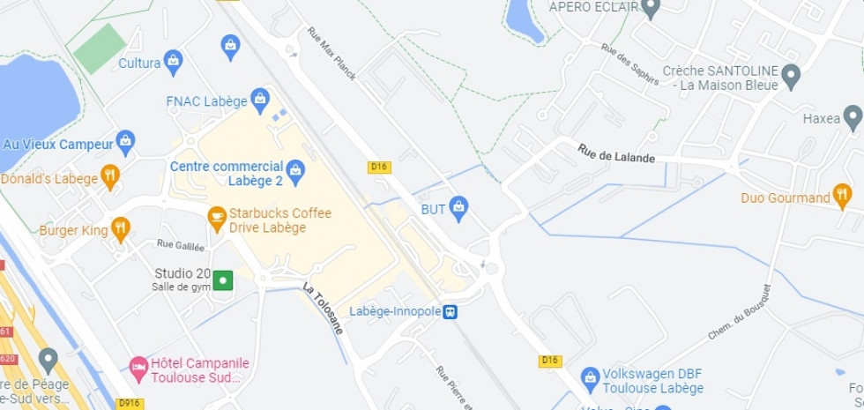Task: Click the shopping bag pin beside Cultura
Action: pos(173,61)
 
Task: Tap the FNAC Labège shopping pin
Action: pos(260,100)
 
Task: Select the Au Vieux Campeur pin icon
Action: pos(126,142)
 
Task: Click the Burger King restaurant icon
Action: pos(121,230)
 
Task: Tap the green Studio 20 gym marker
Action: pos(223,280)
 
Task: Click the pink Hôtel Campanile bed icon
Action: pos(138,365)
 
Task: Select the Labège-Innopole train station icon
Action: pos(450,311)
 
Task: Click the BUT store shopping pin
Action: pos(458,209)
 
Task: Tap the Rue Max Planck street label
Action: pos(331,53)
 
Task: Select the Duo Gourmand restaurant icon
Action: pos(842,195)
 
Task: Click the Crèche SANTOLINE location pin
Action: pos(791,76)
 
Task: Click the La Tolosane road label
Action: pos(323,308)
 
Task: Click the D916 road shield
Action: pos(129,403)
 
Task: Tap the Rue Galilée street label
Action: pos(180,244)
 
